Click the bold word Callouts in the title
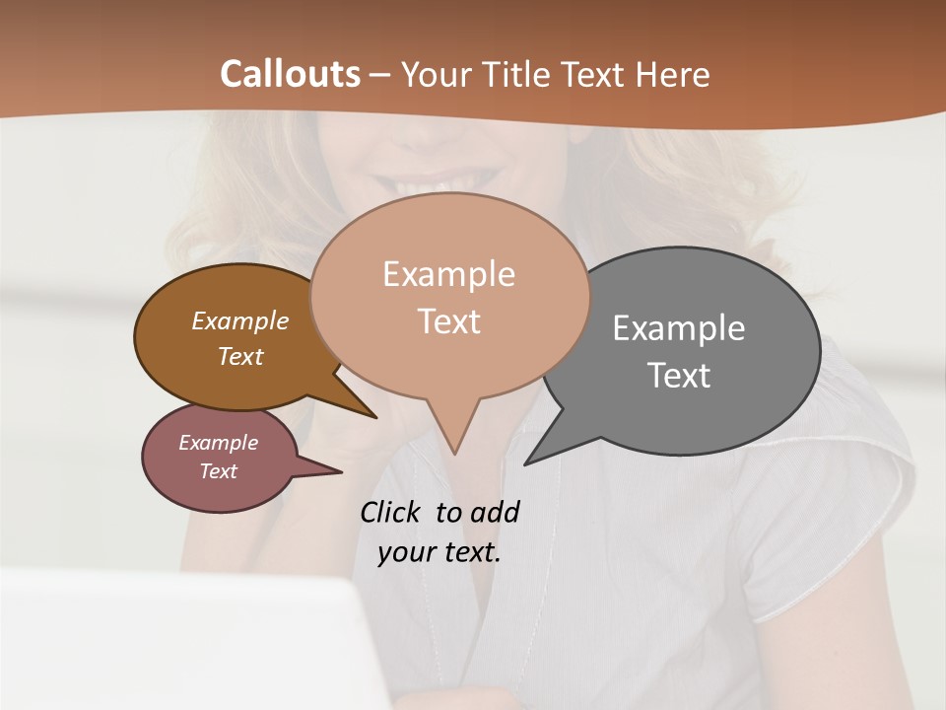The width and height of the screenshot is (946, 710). tap(290, 74)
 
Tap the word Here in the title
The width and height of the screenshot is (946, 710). tap(673, 74)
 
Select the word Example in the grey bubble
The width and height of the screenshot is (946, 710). tap(678, 328)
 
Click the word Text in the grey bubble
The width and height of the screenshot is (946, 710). tap(679, 376)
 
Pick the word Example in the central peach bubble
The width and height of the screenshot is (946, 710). tap(448, 274)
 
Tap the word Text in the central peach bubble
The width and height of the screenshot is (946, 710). tap(448, 321)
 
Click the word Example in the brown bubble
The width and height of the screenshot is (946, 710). tap(239, 321)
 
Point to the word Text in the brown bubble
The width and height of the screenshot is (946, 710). tap(239, 356)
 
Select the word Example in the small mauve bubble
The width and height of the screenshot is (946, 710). tap(218, 443)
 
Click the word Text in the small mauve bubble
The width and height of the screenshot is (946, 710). tap(218, 471)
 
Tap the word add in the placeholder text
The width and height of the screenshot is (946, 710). tap(494, 512)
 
